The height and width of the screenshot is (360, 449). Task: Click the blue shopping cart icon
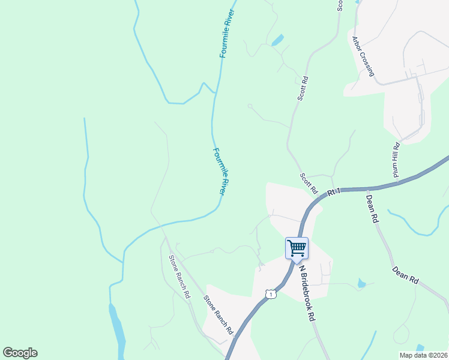click(x=297, y=247)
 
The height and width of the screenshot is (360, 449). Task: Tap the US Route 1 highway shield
click(x=271, y=294)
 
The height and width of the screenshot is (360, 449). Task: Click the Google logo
click(x=20, y=353)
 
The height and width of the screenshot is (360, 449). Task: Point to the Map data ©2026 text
click(x=423, y=355)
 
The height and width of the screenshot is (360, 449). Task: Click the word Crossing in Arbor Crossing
click(x=367, y=64)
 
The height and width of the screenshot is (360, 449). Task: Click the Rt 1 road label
click(x=334, y=193)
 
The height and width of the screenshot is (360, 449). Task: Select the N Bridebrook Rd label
click(x=308, y=294)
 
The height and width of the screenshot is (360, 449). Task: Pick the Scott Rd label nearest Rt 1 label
click(x=309, y=183)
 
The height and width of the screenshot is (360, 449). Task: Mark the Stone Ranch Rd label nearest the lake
click(x=179, y=277)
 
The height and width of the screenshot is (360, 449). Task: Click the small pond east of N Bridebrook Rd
click(x=361, y=283)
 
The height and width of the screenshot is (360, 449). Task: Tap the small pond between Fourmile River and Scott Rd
click(x=277, y=41)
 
